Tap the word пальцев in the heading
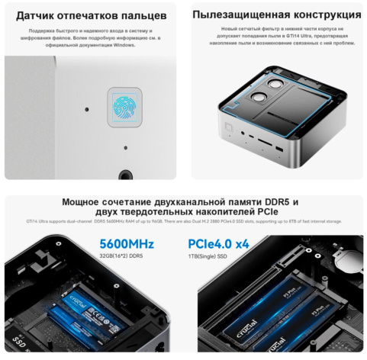coord(143,15)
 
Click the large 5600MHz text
coord(127,244)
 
